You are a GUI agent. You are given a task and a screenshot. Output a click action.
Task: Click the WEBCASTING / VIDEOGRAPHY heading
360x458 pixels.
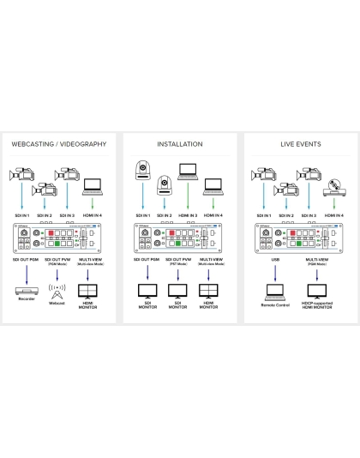pyautogui.click(x=59, y=144)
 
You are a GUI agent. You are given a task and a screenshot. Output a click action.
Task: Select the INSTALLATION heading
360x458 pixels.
pyautogui.click(x=179, y=144)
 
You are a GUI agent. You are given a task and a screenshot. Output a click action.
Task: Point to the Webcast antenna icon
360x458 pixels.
pyautogui.click(x=57, y=289)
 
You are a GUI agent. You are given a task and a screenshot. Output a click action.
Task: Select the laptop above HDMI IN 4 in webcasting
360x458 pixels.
pyautogui.click(x=93, y=185)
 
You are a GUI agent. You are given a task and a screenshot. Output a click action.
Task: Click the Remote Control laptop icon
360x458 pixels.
pyautogui.click(x=275, y=291)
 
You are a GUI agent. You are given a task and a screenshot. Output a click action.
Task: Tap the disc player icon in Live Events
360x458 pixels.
pyautogui.click(x=336, y=184)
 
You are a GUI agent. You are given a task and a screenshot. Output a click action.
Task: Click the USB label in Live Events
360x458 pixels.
pyautogui.click(x=275, y=258)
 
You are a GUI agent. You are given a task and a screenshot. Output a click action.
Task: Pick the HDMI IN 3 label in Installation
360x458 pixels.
pyautogui.click(x=189, y=215)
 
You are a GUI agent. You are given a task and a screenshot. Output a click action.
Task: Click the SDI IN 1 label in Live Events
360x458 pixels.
pyautogui.click(x=261, y=215)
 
